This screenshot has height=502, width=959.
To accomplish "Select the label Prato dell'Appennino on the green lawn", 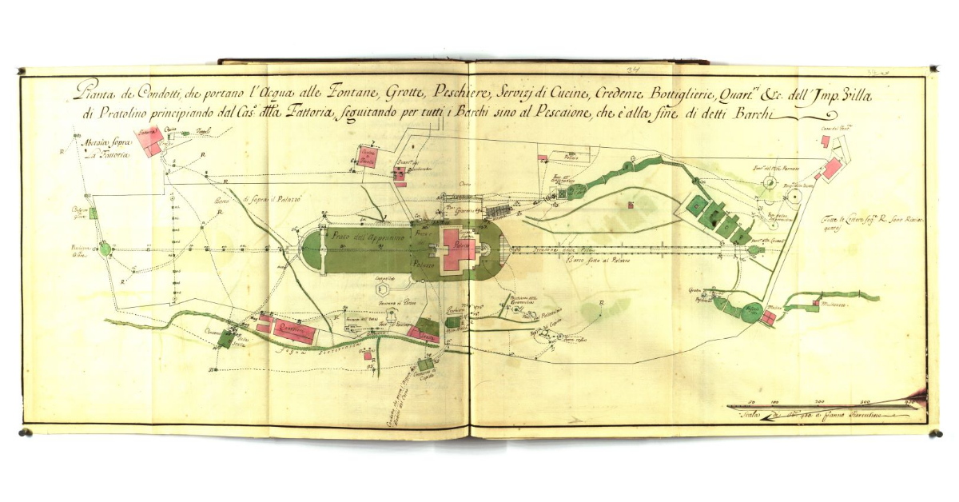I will [364, 237].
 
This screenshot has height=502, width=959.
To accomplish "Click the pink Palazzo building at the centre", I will [460, 249].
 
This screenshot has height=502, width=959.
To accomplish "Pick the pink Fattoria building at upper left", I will [149, 141].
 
